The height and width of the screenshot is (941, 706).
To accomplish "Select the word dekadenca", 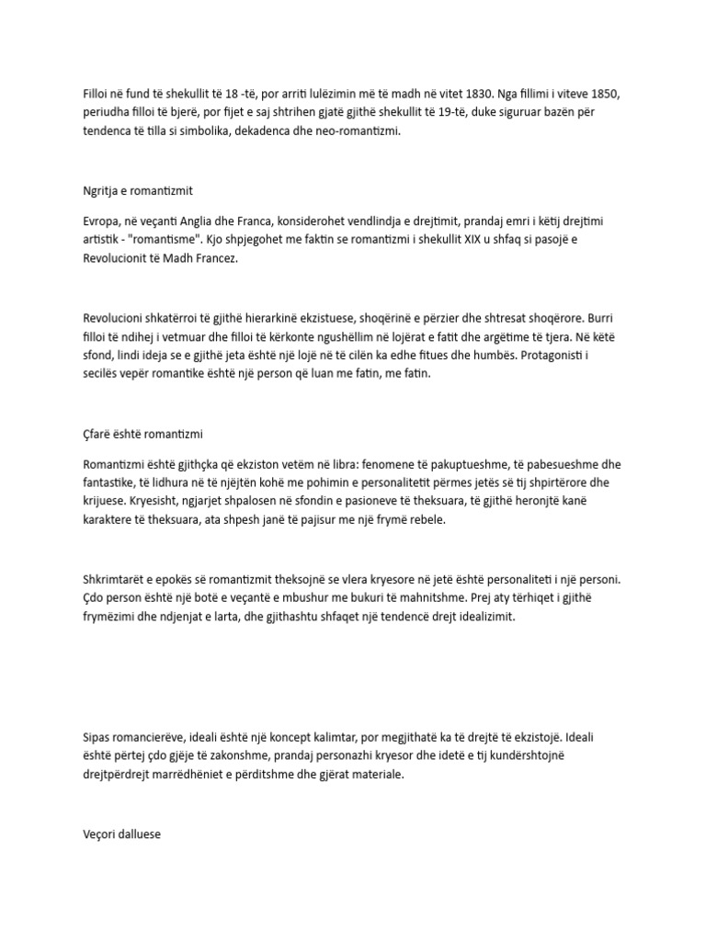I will [x=259, y=131].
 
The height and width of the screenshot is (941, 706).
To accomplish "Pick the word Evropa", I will [x=100, y=221].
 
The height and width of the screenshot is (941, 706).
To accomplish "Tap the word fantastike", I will [x=106, y=482].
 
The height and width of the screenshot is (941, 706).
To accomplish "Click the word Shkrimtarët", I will [x=117, y=580].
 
